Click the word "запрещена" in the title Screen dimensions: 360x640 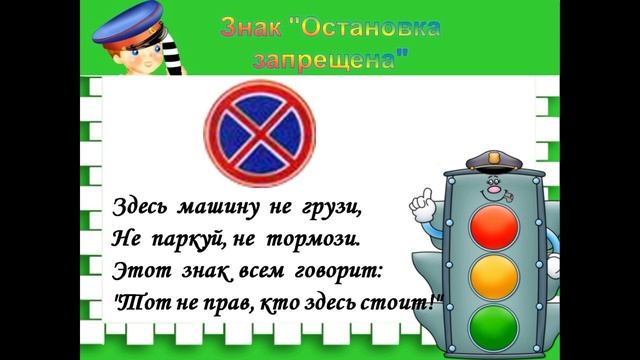[332, 59]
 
